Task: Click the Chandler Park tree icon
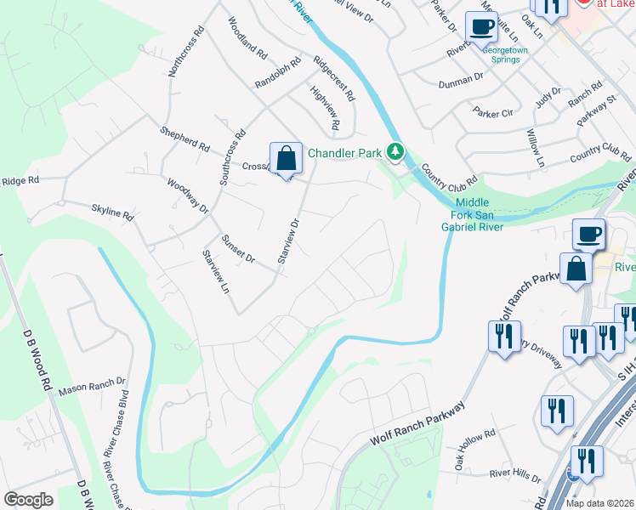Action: [395, 152]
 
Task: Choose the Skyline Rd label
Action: [112, 212]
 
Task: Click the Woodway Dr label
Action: [187, 195]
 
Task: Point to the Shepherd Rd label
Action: [185, 139]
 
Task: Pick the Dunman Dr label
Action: [461, 81]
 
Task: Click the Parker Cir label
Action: [494, 112]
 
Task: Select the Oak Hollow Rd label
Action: [474, 449]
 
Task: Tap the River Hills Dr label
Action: [510, 477]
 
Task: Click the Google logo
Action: [28, 500]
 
